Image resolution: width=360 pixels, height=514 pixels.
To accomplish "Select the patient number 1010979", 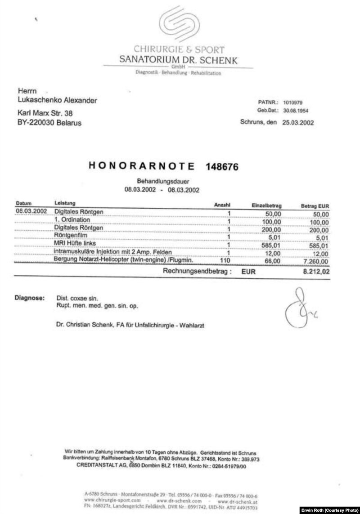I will pyautogui.click(x=293, y=103).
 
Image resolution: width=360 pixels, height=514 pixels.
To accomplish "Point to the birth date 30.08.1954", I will pyautogui.click(x=295, y=110).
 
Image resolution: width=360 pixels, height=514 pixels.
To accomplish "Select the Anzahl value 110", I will pyautogui.click(x=224, y=260).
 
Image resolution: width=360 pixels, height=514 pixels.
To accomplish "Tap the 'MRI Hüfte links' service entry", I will pyautogui.click(x=75, y=243).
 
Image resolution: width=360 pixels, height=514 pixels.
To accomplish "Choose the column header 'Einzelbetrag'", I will pyautogui.click(x=266, y=206).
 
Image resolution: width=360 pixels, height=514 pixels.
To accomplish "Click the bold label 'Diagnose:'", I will pyautogui.click(x=29, y=298).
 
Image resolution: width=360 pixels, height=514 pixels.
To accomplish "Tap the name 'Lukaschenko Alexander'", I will pyautogui.click(x=56, y=100).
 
